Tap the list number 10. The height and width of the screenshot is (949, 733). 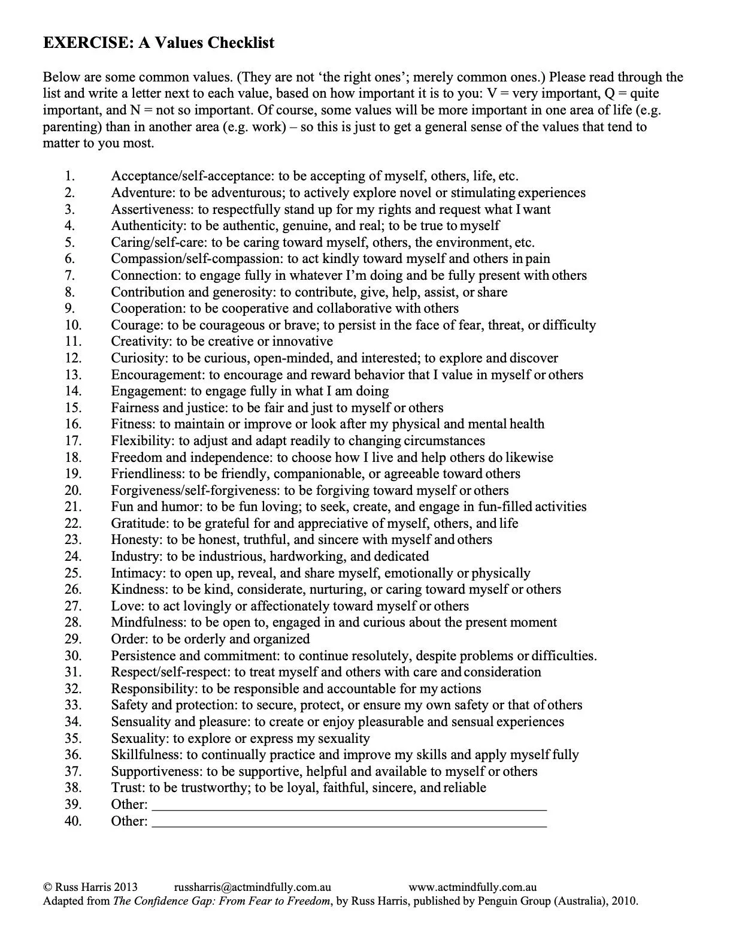click(x=72, y=325)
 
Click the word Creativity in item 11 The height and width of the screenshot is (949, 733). click(x=140, y=341)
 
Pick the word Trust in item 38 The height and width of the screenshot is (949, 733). click(x=126, y=787)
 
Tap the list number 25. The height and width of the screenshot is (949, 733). click(x=72, y=573)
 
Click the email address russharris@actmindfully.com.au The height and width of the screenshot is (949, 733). click(x=252, y=887)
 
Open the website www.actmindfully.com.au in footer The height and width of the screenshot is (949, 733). click(x=472, y=887)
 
